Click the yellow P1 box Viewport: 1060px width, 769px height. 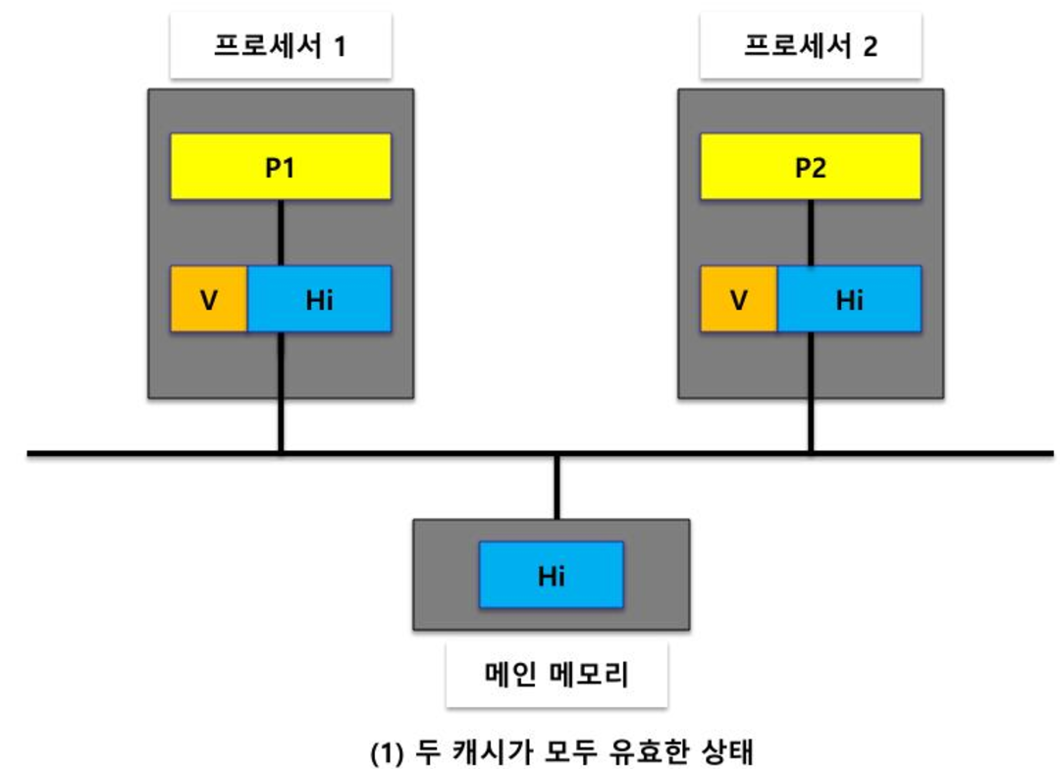[x=281, y=167]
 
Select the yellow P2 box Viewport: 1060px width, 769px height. [x=811, y=167]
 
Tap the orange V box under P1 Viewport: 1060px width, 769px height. [x=208, y=299]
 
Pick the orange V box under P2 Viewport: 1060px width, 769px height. [x=738, y=299]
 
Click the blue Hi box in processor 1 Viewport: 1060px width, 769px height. [x=319, y=299]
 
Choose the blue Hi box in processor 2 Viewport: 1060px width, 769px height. [x=849, y=299]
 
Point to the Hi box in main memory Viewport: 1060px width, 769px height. [x=551, y=575]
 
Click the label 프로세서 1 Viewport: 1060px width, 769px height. [x=280, y=46]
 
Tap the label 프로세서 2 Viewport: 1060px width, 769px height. [x=810, y=46]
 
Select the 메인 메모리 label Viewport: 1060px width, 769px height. [x=551, y=675]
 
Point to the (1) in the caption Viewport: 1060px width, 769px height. [x=385, y=753]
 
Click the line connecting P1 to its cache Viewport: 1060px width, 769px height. [x=282, y=232]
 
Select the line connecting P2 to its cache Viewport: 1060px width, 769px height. [x=811, y=232]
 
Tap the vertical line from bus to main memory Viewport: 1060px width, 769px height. [x=556, y=487]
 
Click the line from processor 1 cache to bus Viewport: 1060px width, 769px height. [x=282, y=392]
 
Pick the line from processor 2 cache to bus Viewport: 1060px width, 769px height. [x=811, y=392]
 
